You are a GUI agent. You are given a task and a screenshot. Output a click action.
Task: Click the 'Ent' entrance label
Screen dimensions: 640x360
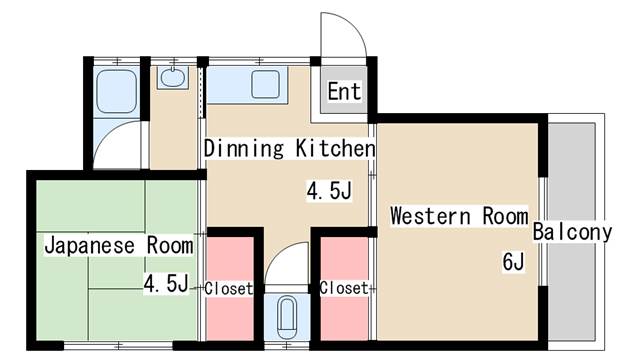(x=344, y=91)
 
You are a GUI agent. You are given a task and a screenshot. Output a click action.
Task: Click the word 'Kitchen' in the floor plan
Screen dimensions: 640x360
(x=335, y=148)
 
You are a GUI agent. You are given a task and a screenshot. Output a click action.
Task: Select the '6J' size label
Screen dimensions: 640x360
(x=513, y=262)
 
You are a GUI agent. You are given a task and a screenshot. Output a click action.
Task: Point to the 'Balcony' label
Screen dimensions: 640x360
(x=572, y=232)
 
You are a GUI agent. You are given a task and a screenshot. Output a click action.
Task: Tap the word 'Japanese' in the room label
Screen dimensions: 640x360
(x=89, y=246)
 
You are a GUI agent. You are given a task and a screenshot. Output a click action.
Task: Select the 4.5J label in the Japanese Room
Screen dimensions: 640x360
(x=166, y=284)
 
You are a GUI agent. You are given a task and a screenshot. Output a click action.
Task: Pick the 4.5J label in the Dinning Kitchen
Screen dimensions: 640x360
(x=329, y=191)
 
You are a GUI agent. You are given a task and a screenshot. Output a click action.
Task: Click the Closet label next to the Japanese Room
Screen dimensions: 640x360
(x=229, y=289)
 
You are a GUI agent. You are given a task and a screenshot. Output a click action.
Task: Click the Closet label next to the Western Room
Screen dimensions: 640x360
(x=344, y=288)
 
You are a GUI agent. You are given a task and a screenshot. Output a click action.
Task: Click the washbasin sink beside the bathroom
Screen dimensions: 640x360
(x=173, y=77)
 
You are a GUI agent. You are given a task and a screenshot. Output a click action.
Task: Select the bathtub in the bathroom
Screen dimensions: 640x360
(x=117, y=91)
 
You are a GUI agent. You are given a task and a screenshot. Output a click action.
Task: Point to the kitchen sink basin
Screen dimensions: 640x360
(x=265, y=84)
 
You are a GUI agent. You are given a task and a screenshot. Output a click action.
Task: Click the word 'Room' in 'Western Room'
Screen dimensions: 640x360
(x=505, y=216)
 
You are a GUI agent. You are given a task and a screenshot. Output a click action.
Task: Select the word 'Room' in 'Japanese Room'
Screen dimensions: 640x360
(x=170, y=246)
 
